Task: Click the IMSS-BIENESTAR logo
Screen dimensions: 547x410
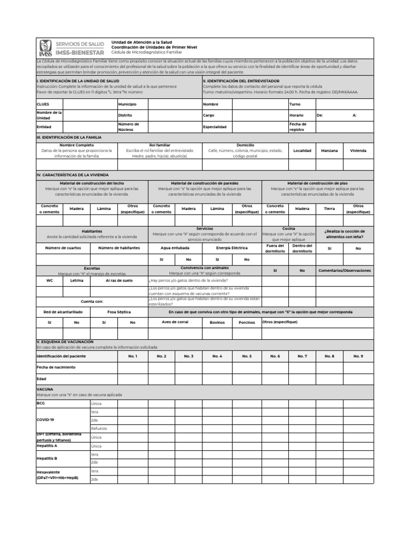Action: point(70,49)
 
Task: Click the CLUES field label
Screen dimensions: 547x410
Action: point(43,104)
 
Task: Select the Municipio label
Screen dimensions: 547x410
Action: point(128,104)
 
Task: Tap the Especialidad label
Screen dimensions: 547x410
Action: point(215,127)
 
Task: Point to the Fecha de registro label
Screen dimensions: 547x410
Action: point(298,127)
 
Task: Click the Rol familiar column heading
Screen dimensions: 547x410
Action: point(160,145)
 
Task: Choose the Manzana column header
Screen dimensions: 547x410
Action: point(329,151)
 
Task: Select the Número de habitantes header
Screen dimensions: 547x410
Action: point(119,247)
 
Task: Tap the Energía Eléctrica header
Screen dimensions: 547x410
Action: point(232,247)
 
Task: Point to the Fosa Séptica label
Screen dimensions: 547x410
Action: point(119,311)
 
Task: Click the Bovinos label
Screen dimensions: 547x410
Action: point(217,322)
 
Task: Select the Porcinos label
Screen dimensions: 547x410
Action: point(247,322)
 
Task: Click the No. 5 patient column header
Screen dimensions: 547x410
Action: point(247,356)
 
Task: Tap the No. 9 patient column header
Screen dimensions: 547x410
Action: point(358,356)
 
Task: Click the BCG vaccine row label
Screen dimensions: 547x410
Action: point(41,403)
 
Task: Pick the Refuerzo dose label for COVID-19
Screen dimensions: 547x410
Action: point(99,428)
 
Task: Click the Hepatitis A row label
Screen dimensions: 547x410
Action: point(47,446)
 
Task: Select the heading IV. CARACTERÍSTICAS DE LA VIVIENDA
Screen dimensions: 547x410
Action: point(72,175)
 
